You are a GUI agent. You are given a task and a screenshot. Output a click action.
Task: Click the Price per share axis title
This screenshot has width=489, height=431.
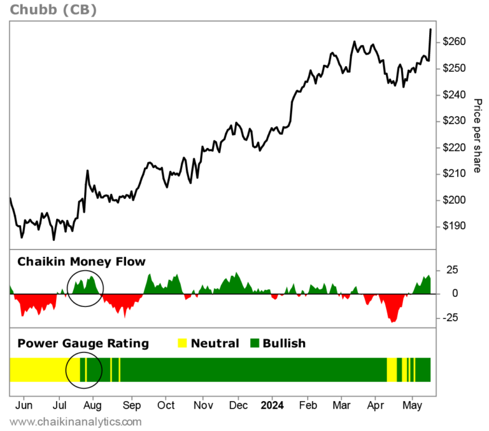(x=477, y=135)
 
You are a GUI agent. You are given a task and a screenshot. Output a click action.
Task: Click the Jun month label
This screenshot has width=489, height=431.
(x=24, y=405)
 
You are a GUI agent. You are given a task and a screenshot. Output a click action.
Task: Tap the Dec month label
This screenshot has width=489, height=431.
(x=238, y=405)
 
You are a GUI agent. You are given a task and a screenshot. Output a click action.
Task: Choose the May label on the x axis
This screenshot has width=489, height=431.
(x=413, y=405)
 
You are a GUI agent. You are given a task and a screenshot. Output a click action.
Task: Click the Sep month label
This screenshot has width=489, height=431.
(x=132, y=405)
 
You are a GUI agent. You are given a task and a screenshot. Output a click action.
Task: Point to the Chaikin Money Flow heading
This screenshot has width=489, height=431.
(x=81, y=261)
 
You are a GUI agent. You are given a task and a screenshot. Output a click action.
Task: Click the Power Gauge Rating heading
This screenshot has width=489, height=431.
(x=83, y=343)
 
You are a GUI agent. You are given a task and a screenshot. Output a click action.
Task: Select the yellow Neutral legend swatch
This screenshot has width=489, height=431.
(x=182, y=343)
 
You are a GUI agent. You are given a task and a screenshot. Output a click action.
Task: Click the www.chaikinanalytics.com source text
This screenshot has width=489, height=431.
(x=76, y=421)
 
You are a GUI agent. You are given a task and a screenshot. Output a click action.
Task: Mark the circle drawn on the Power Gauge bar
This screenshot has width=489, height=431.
(x=84, y=369)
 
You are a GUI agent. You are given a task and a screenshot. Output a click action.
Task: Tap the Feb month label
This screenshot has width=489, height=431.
(x=308, y=405)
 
